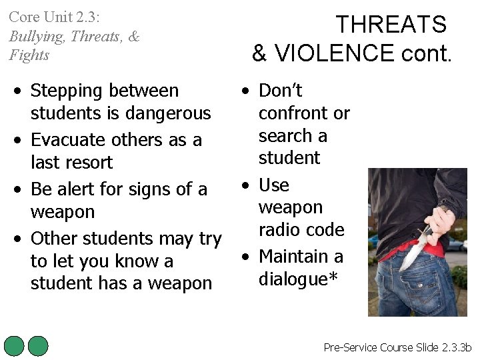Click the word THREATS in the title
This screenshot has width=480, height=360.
[391, 25]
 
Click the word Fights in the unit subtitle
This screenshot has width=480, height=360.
[29, 55]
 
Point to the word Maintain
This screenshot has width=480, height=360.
[292, 256]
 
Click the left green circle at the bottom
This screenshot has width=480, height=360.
[14, 346]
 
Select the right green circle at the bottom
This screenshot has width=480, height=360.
[38, 346]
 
